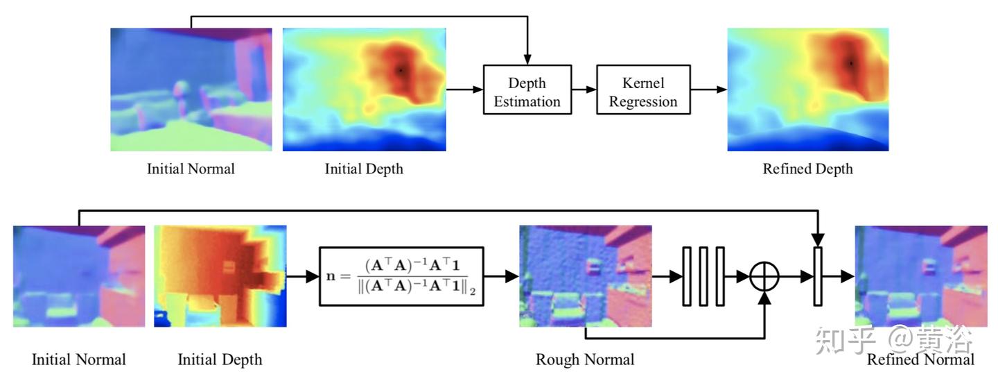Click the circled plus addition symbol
click(764, 276)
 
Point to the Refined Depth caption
click(807, 169)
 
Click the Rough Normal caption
click(585, 359)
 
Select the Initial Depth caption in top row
click(364, 169)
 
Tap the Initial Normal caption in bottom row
click(79, 359)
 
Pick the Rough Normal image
click(585, 276)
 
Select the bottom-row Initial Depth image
click(220, 276)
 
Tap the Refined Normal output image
click(921, 276)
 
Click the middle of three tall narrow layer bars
click(703, 276)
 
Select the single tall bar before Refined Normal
click(818, 276)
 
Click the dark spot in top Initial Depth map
click(401, 70)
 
